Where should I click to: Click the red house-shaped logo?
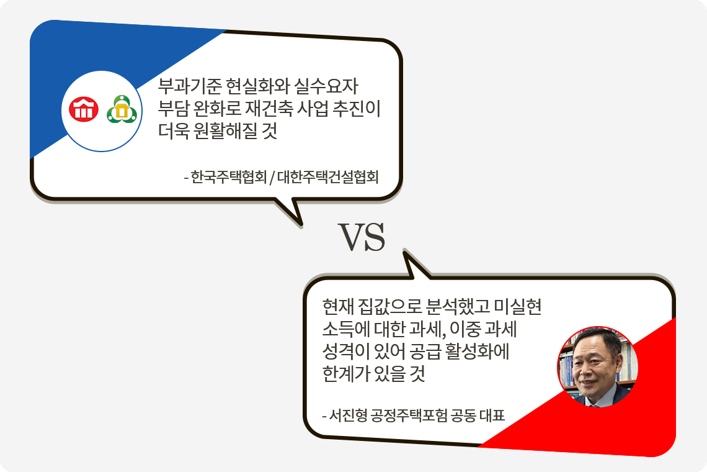coord(84,110)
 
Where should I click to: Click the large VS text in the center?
coord(362,237)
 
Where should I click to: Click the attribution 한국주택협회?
coord(228,177)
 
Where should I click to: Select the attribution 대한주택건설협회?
coord(327,177)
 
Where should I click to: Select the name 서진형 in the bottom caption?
coord(348,415)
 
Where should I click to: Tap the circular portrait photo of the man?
coord(597,366)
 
